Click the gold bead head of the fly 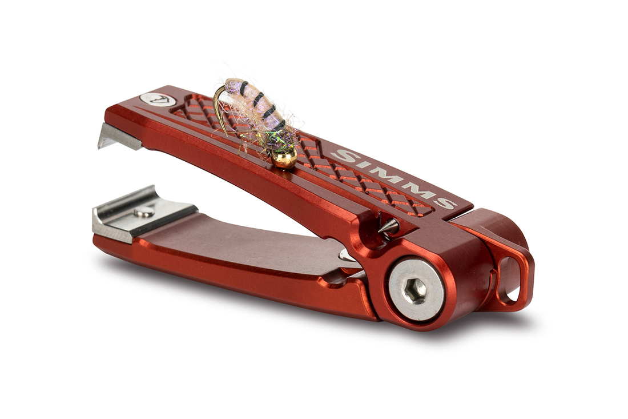(284, 157)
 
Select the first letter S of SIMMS (344, 155)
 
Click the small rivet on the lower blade (144, 212)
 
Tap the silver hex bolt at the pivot (416, 289)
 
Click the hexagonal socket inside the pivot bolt (416, 290)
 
